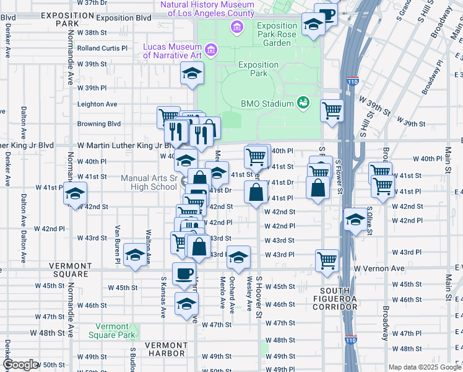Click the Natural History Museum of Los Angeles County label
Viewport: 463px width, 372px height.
tap(207, 9)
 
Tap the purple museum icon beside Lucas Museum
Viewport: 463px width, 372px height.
tap(210, 49)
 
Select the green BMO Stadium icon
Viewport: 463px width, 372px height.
tap(303, 103)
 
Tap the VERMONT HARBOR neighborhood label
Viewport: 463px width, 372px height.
tap(166, 350)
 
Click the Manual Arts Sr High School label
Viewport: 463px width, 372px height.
tap(149, 182)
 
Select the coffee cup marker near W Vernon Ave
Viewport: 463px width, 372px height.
tap(184, 273)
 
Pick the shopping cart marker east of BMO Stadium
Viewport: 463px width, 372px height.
tap(332, 110)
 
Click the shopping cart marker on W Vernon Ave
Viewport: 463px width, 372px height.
tap(327, 260)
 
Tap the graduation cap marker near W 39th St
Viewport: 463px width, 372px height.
tap(193, 73)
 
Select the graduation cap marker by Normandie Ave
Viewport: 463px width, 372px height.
tap(75, 194)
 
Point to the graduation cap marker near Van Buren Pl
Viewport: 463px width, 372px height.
tap(135, 255)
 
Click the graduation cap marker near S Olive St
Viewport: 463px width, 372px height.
tap(355, 219)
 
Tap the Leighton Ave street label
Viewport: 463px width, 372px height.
tap(97, 104)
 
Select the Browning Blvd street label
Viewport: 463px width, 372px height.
tap(99, 124)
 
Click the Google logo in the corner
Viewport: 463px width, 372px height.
tap(20, 365)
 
